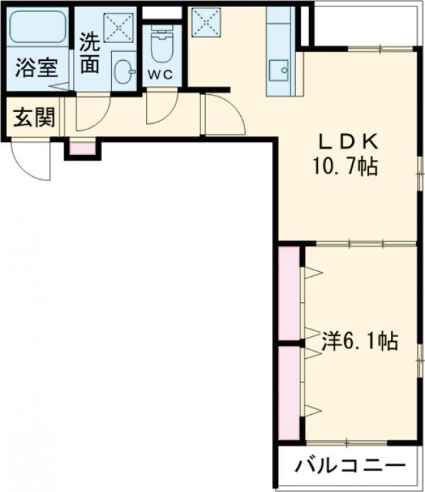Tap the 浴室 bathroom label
38,70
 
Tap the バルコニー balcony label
351,467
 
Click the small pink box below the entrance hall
82,149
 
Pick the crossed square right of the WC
206,21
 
